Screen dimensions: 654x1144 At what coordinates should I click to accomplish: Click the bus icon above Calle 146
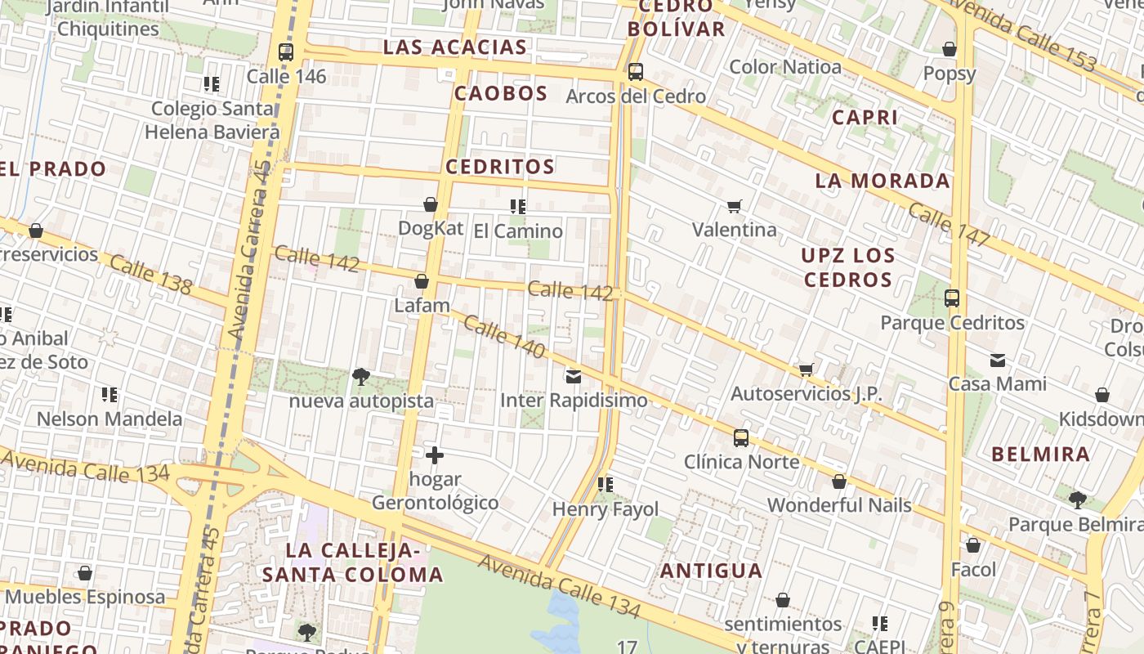pos(285,52)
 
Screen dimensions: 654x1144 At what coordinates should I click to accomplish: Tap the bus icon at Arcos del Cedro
pos(636,72)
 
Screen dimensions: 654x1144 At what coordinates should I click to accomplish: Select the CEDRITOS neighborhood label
pos(500,167)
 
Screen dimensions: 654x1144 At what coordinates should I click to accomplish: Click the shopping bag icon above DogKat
pos(431,204)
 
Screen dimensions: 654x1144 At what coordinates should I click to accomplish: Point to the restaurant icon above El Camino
pos(517,206)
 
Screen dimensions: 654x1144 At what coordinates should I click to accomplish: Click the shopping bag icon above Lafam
pos(422,282)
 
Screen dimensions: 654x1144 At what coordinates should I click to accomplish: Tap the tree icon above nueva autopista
pos(360,376)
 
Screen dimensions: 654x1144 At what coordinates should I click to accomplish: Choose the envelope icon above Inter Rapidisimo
pos(574,377)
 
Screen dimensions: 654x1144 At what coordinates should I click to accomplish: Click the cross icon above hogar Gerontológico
pos(435,455)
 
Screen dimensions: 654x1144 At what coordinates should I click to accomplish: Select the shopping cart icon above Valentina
pos(735,206)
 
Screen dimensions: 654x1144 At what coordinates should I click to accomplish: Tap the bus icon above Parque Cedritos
pos(952,298)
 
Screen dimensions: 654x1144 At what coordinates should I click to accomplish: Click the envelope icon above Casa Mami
pos(998,360)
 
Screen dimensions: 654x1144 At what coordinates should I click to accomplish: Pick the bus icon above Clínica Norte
pos(741,438)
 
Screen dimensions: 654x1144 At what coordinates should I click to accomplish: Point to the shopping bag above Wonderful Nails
pos(839,482)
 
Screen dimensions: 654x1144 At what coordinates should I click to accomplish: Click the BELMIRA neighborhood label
pos(1040,455)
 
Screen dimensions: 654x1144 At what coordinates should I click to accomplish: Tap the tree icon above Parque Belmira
pos(1078,499)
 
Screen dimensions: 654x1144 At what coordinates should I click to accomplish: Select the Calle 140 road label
pos(504,337)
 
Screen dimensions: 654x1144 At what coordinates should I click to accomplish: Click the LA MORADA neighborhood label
pos(883,181)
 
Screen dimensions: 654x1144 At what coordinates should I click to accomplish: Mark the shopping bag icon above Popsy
pos(950,50)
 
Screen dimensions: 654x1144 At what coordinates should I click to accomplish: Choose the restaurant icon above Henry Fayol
pos(606,485)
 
